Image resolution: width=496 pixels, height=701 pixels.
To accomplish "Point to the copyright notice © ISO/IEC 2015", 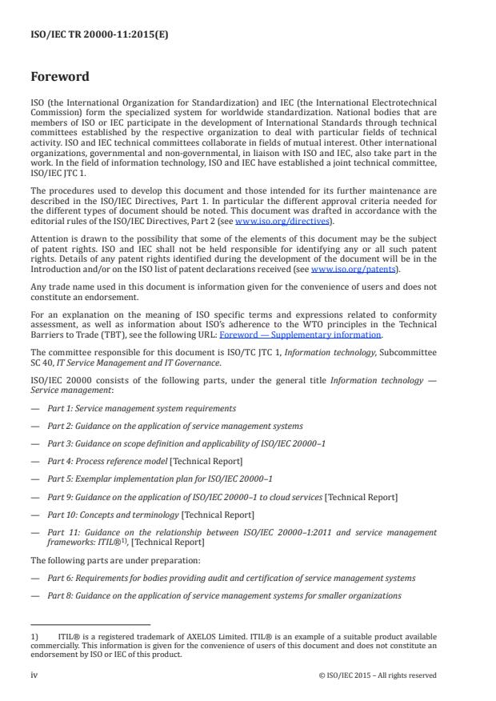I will click(378, 675).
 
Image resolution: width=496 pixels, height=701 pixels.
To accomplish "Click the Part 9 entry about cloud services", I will click(222, 497).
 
